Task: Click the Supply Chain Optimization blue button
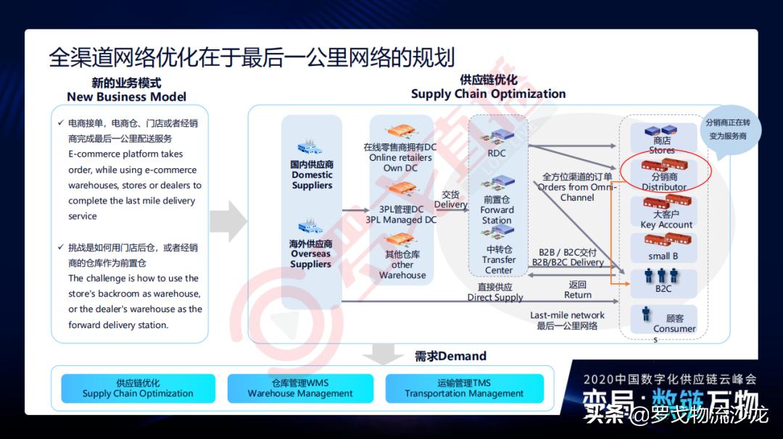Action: pyautogui.click(x=138, y=388)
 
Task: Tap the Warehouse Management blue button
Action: pyautogui.click(x=300, y=388)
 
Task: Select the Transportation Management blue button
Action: pyautogui.click(x=464, y=388)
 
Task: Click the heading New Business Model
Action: pyautogui.click(x=126, y=96)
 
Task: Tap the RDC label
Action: pyautogui.click(x=497, y=154)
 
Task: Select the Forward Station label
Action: pyautogui.click(x=497, y=210)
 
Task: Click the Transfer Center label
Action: pyautogui.click(x=499, y=260)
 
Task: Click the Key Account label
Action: pyautogui.click(x=666, y=220)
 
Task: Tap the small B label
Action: pyautogui.click(x=663, y=256)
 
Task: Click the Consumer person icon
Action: pyautogui.click(x=646, y=314)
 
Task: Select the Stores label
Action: pyautogui.click(x=661, y=146)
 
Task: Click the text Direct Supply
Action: pyautogui.click(x=495, y=293)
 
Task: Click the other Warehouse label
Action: pyautogui.click(x=402, y=270)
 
